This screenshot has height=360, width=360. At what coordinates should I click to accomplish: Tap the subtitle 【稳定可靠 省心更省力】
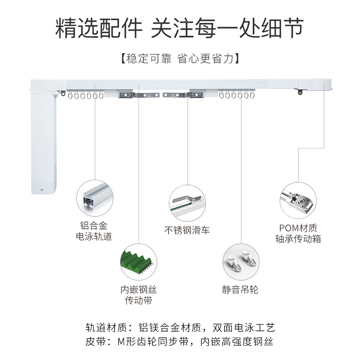[x=180, y=59]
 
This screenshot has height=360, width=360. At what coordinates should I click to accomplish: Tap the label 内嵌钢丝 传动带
[x=138, y=295]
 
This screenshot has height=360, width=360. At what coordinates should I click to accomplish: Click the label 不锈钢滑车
[x=187, y=230]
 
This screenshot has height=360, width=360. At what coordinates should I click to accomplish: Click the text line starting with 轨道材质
[x=180, y=327]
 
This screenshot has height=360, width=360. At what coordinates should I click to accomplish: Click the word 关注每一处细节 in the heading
[x=227, y=28]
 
